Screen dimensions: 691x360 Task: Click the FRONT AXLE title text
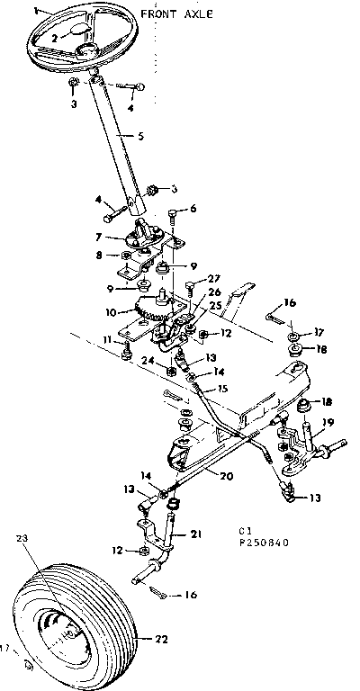pos(175,14)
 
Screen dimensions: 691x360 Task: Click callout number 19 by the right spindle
pos(328,423)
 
